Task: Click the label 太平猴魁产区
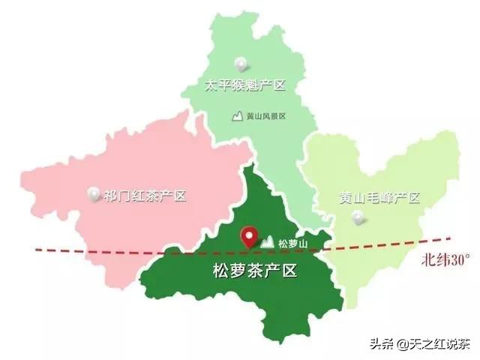(246, 85)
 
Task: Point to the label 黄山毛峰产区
(378, 197)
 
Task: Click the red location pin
(247, 237)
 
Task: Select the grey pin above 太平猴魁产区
(241, 64)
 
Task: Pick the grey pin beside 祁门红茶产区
(94, 194)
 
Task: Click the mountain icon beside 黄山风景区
(238, 116)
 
